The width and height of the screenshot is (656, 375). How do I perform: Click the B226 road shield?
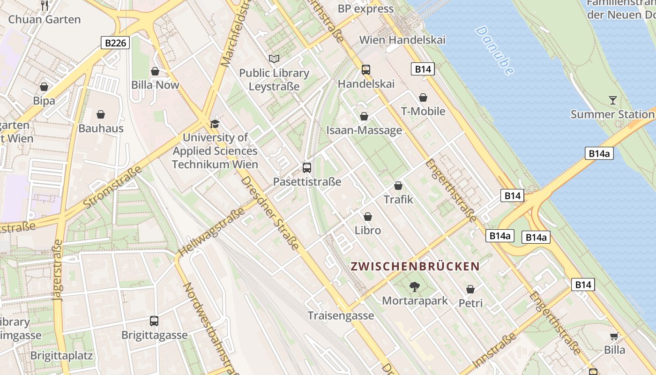(x=115, y=43)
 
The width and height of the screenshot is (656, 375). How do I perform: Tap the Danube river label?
(x=495, y=50)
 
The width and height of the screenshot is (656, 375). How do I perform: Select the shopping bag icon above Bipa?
(x=44, y=87)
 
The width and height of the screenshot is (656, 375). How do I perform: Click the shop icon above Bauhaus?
(x=101, y=114)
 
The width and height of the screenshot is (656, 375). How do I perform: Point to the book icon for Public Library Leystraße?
(x=274, y=59)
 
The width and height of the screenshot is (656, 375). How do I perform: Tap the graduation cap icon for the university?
(x=215, y=124)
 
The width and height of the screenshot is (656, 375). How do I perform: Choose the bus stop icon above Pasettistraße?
(x=307, y=167)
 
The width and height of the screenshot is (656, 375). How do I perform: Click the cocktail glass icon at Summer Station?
(x=612, y=100)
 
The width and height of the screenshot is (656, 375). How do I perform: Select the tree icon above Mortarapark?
(x=415, y=286)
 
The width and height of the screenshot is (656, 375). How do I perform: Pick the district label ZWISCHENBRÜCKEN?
(x=416, y=267)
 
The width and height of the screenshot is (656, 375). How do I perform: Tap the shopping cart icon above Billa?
(x=614, y=336)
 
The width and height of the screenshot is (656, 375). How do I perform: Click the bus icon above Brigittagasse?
(x=154, y=321)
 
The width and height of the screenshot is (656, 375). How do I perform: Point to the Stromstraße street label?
(x=112, y=187)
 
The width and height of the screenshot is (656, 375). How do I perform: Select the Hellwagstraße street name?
(x=212, y=232)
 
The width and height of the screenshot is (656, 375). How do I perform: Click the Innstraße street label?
(x=495, y=350)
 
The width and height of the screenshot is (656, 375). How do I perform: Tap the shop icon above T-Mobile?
(x=423, y=97)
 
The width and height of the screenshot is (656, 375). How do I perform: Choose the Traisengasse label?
(x=341, y=315)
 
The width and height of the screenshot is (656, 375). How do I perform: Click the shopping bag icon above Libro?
(x=368, y=217)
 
